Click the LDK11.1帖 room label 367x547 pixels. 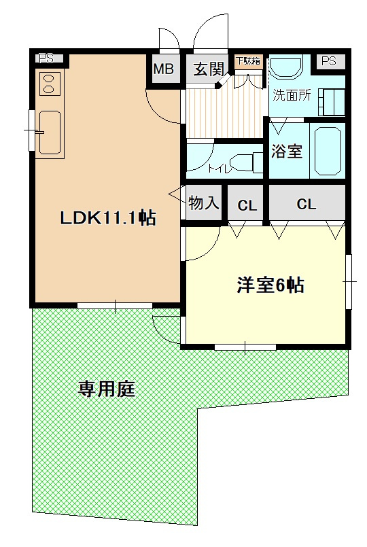[x=108, y=217]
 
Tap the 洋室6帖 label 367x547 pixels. [x=270, y=285]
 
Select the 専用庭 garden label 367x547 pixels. [x=107, y=389]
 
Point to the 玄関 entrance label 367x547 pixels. [x=208, y=69]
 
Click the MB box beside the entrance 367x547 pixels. [x=163, y=69]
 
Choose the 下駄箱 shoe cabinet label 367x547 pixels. [x=248, y=61]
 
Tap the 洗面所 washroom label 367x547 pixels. [x=292, y=95]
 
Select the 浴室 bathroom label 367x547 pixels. [x=287, y=151]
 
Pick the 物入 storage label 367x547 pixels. [x=204, y=202]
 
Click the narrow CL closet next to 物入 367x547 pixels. [x=247, y=205]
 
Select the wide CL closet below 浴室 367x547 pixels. [x=307, y=204]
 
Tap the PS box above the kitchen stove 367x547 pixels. [x=46, y=58]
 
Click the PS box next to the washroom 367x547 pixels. [x=329, y=62]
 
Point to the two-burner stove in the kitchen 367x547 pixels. [x=49, y=84]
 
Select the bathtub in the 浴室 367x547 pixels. [x=327, y=150]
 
